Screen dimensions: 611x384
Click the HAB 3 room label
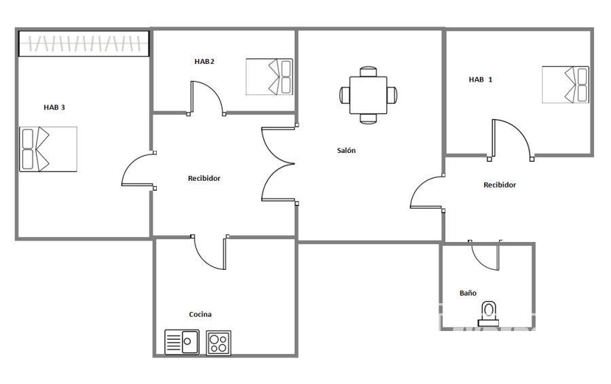(x=54, y=107)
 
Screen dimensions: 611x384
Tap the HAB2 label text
(x=204, y=61)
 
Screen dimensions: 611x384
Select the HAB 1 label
(x=481, y=80)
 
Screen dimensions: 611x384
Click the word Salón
(x=346, y=150)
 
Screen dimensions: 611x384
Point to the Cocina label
(x=200, y=314)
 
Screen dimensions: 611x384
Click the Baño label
(x=468, y=293)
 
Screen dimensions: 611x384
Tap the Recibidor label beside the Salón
(x=204, y=178)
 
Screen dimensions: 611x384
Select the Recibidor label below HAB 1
(x=500, y=185)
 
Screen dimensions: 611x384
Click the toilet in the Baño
(x=488, y=314)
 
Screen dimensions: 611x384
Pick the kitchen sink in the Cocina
(x=182, y=343)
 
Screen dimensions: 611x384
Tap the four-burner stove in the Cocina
(x=218, y=343)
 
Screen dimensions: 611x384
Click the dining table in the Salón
(x=368, y=95)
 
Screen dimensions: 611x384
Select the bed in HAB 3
(x=48, y=149)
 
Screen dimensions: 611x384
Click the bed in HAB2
(x=270, y=77)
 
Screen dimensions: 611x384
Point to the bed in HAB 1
(x=566, y=85)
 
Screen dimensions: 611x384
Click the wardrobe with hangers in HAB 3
(x=84, y=43)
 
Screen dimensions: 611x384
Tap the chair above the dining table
(x=368, y=72)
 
